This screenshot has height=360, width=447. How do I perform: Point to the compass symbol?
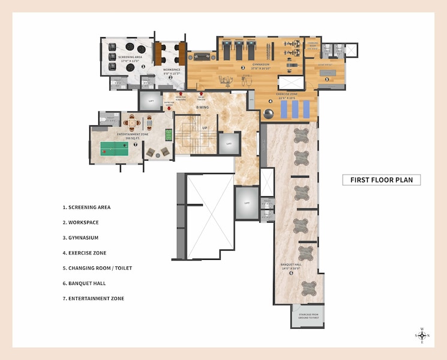coord(422,335)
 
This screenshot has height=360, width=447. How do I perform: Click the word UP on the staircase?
coord(205,128)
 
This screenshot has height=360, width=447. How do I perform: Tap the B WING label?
coord(202,107)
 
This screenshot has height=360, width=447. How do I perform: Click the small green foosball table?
coord(169,134)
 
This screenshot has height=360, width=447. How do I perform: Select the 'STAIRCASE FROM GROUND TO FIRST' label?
coord(307,315)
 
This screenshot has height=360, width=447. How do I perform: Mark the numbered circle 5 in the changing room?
coord(327,79)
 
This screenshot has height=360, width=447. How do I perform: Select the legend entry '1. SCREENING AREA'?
coord(86,208)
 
